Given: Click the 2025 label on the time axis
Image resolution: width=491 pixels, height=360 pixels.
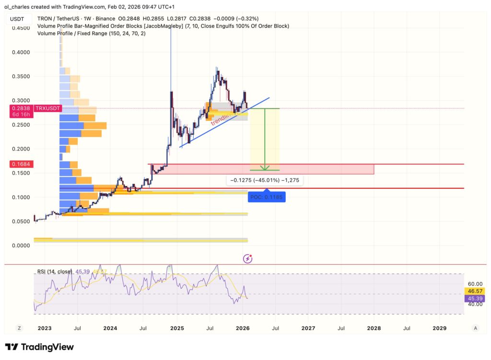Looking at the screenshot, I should [177, 328].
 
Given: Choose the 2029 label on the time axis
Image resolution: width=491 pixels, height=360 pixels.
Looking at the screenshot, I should [439, 328].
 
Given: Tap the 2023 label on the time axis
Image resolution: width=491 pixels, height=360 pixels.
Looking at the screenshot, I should [45, 328].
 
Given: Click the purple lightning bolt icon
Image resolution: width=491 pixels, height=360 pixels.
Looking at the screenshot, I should [248, 259].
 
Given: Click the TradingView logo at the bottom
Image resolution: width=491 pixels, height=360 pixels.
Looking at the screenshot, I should [39, 347].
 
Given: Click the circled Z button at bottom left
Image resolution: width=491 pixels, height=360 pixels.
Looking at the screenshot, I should [19, 328].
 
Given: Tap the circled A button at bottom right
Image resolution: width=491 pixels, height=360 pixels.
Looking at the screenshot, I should [475, 328].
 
